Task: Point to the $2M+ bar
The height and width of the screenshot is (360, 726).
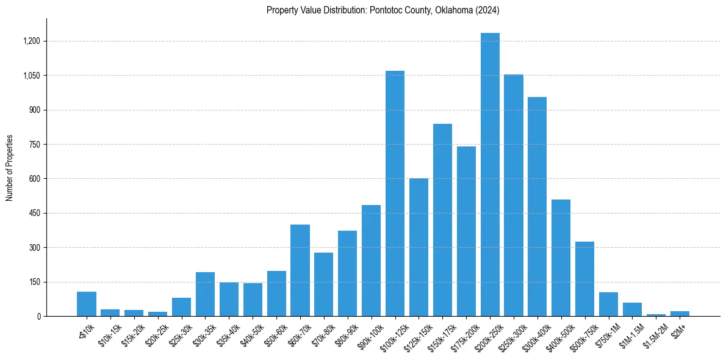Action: (x=680, y=314)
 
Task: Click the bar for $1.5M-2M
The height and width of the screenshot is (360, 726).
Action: (x=656, y=315)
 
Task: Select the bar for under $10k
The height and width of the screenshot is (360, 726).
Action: (x=87, y=304)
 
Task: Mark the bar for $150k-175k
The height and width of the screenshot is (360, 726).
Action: (x=442, y=220)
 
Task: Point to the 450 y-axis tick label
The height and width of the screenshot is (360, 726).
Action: (x=34, y=213)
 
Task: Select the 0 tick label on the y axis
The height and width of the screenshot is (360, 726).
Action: (x=38, y=316)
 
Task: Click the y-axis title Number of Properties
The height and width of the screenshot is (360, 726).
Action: (x=10, y=167)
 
